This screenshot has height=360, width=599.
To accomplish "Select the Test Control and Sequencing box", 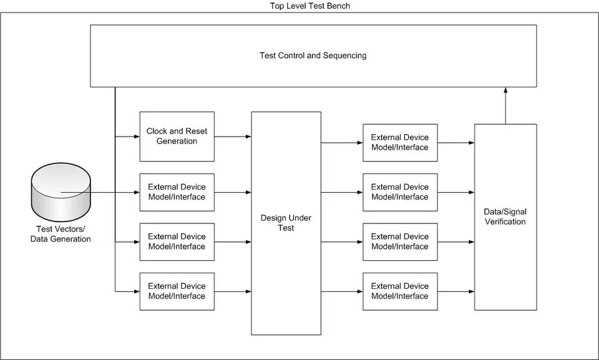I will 313,56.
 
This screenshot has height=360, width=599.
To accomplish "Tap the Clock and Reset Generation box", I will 177,136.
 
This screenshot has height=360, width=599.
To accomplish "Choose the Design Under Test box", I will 286,223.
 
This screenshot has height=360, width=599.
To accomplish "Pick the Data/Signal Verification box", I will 505,216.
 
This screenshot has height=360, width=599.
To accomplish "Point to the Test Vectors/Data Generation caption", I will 61,235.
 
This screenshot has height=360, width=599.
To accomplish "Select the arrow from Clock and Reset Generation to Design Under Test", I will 233,136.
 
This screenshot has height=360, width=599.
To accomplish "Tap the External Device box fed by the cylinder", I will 177,192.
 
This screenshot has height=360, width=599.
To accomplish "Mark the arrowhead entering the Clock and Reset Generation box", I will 136,136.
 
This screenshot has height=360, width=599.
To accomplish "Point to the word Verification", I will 505,221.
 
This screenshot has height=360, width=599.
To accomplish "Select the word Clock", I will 157,131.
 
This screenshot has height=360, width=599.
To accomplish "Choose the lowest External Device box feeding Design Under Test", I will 177,291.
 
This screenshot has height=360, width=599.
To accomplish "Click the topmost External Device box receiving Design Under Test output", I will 400,142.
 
